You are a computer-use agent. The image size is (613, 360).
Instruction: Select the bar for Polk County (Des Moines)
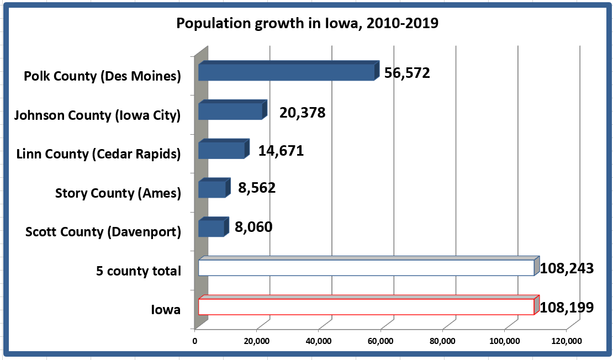pyautogui.click(x=286, y=72)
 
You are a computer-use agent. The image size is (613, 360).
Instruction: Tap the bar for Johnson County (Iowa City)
pyautogui.click(x=230, y=111)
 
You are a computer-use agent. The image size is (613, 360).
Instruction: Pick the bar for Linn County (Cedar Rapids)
pyautogui.click(x=221, y=150)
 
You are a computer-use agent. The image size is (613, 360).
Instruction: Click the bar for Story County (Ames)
pyautogui.click(x=212, y=189)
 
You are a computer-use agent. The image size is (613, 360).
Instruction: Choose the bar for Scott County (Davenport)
pyautogui.click(x=210, y=228)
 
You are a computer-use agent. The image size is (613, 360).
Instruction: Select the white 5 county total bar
pyautogui.click(x=366, y=268)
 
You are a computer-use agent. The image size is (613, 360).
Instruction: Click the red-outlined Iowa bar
pyautogui.click(x=366, y=306)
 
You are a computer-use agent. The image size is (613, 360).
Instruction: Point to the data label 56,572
pyautogui.click(x=406, y=73)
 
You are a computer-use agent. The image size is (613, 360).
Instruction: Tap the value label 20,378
pyautogui.click(x=302, y=113)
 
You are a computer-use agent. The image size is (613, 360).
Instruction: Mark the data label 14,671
pyautogui.click(x=281, y=151)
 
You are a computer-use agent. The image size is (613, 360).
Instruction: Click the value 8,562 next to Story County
pyautogui.click(x=256, y=188)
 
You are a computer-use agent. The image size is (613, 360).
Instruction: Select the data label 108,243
pyautogui.click(x=567, y=269)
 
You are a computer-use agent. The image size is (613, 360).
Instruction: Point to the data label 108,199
pyautogui.click(x=567, y=307)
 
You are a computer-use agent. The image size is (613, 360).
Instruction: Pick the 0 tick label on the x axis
pyautogui.click(x=195, y=341)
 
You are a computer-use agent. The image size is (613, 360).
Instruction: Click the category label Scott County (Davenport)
pyautogui.click(x=103, y=232)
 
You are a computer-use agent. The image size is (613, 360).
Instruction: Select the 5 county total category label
pyautogui.click(x=139, y=271)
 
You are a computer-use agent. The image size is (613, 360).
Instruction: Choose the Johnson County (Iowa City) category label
pyautogui.click(x=98, y=115)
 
